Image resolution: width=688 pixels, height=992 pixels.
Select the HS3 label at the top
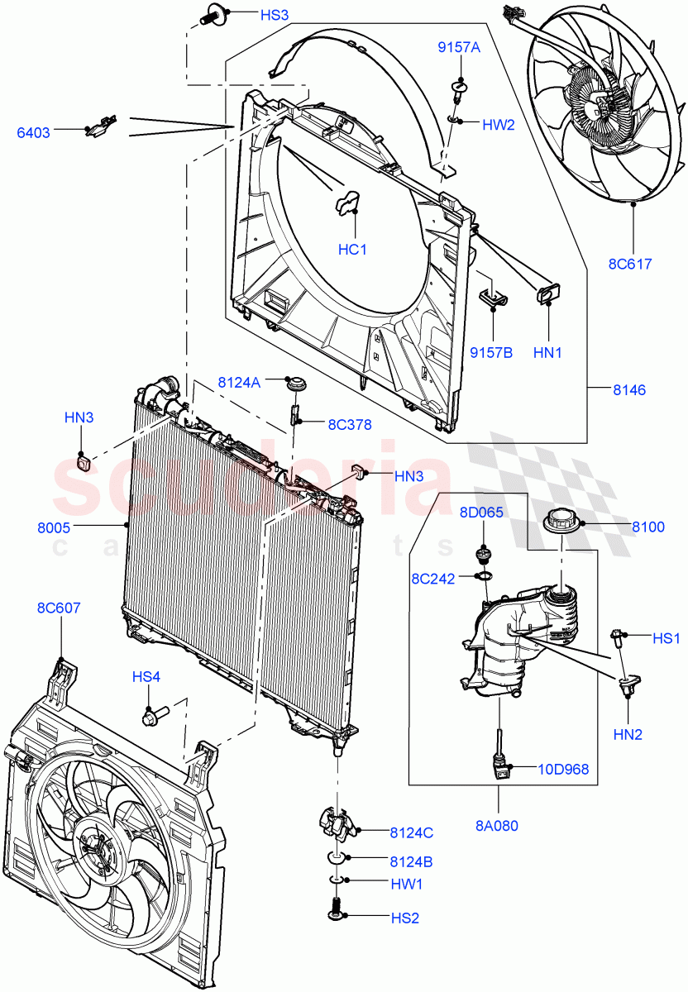click(251, 15)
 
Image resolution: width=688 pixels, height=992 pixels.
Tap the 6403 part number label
click(34, 131)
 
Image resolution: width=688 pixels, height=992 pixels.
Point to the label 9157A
click(459, 49)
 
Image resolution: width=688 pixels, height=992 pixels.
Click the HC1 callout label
click(352, 249)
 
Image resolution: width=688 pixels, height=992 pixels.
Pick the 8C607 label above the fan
click(58, 608)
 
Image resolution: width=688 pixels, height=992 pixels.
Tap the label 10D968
click(564, 770)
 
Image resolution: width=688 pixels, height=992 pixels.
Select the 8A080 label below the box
click(499, 825)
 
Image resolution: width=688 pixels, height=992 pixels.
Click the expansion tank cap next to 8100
click(561, 524)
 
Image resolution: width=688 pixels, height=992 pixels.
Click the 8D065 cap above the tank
click(482, 552)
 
